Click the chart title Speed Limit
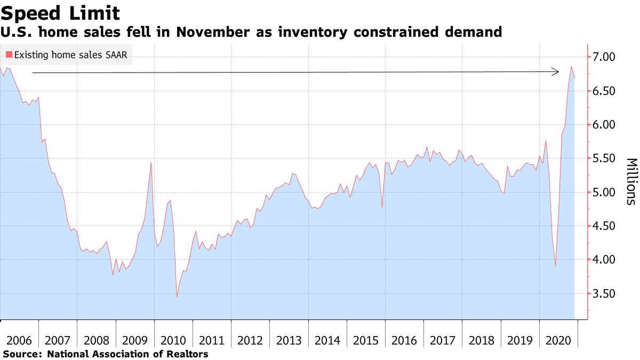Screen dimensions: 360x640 click(60, 13)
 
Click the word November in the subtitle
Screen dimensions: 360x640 click(213, 33)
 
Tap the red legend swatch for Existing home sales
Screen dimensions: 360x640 click(9, 54)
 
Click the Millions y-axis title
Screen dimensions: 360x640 click(630, 181)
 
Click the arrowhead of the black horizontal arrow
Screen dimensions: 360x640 click(556, 71)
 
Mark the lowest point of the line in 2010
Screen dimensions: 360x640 click(177, 297)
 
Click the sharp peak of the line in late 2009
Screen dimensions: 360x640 click(151, 162)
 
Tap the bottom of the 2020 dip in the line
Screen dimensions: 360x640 click(555, 266)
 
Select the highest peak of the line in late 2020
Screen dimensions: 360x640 click(571, 67)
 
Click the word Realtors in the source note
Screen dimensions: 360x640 click(188, 354)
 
